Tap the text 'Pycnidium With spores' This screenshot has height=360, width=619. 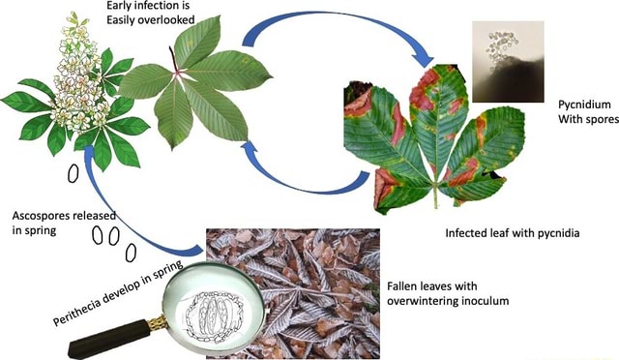tap(581, 111)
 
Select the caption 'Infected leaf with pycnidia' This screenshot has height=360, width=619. tap(512, 234)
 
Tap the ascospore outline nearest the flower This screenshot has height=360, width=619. tap(74, 172)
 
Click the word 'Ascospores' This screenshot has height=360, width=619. tap(44, 214)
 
